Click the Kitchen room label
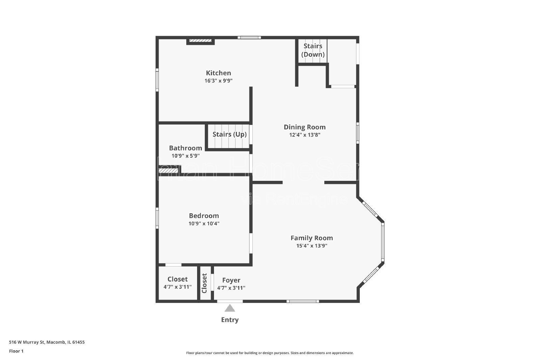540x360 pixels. pos(218,73)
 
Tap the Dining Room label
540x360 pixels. pos(304,127)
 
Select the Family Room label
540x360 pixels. pos(312,238)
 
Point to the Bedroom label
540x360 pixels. pos(204,216)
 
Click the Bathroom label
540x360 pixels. pos(185,148)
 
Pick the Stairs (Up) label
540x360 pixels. pos(230,134)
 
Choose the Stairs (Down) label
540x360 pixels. pos(313,50)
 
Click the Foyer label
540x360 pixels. pos(231,280)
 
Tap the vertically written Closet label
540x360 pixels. pos(204,283)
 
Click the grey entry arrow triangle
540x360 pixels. pos(230,308)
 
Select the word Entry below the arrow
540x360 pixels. pos(230,320)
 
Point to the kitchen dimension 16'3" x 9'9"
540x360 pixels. pos(218,81)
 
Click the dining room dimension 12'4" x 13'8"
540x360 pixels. pos(304,135)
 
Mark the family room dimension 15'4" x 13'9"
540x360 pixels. pos(312,246)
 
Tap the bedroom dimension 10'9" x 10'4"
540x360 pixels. pos(204,224)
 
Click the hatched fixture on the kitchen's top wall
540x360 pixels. pos(200,41)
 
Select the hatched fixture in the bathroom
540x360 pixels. pos(168,171)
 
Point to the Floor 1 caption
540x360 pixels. pos(16,351)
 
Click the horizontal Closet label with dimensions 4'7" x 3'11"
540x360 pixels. pos(178,279)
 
